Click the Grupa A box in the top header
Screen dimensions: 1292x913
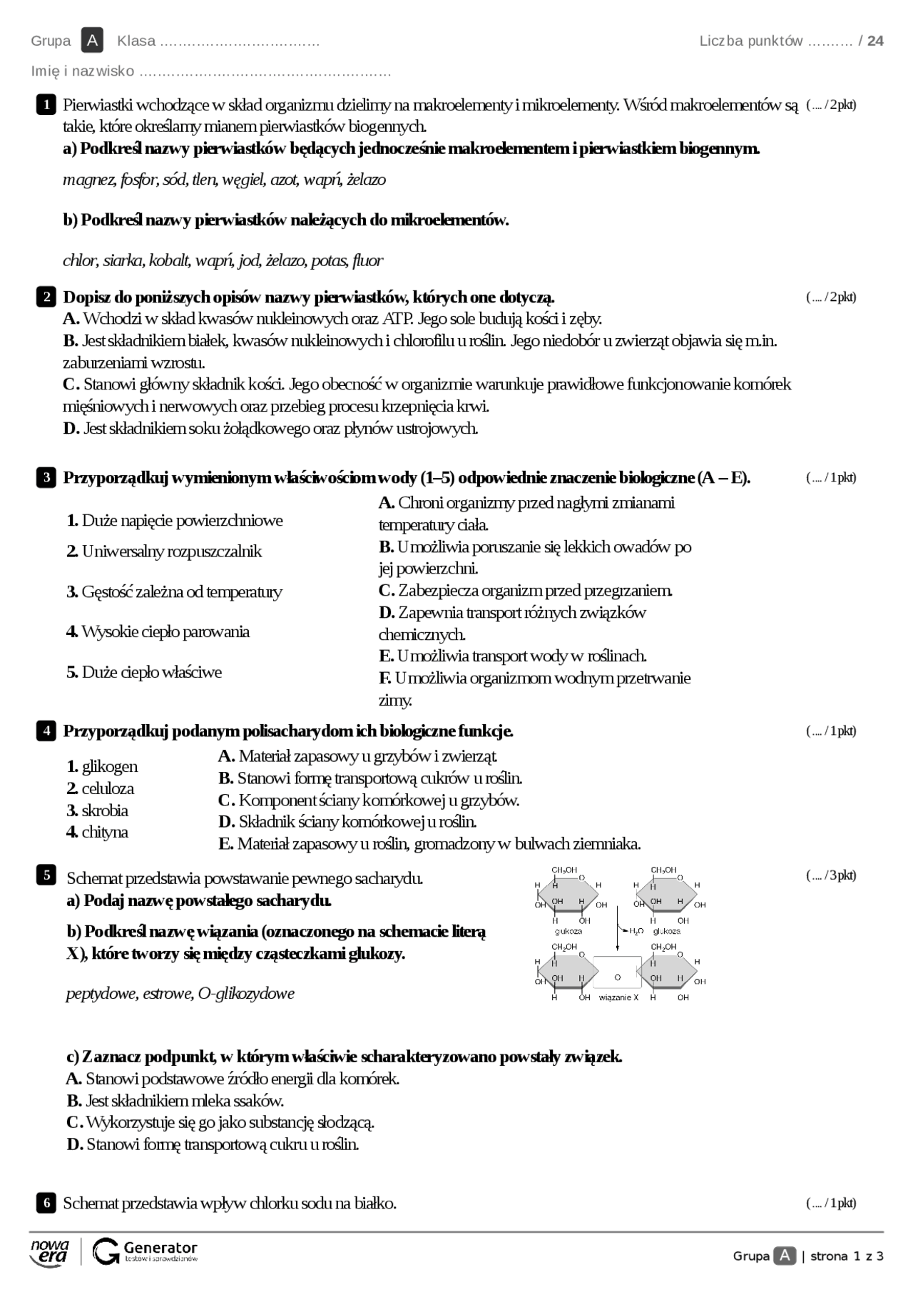[92, 41]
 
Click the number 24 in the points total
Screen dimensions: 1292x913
[875, 41]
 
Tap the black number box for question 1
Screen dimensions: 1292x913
[46, 105]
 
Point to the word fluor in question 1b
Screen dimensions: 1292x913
[367, 260]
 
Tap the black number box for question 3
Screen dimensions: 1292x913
[46, 477]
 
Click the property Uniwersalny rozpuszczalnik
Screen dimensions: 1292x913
[164, 551]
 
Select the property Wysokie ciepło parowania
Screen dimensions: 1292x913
[158, 631]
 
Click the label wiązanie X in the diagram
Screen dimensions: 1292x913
[618, 997]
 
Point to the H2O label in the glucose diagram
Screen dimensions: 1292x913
[636, 931]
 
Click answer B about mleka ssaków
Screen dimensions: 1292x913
[175, 1100]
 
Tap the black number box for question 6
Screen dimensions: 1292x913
[46, 1203]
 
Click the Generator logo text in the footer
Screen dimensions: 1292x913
[160, 1248]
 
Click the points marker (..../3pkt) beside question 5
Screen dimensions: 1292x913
[831, 875]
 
